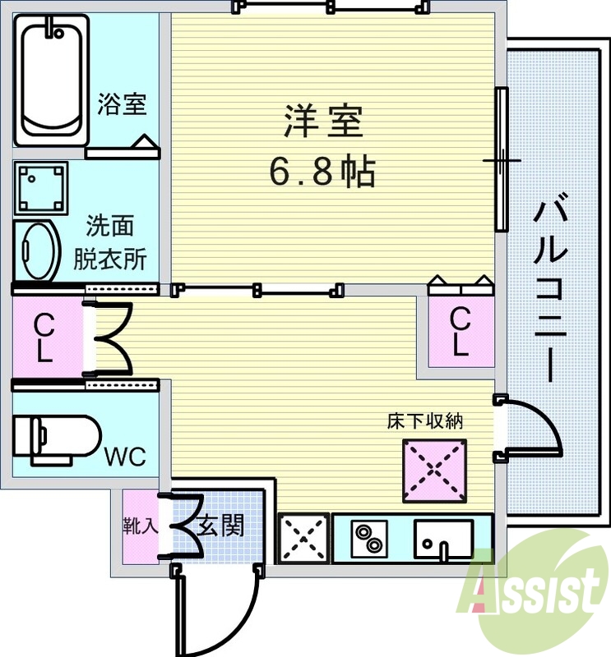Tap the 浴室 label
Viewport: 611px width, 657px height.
(x=122, y=104)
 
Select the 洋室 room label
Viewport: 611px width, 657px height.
(x=323, y=123)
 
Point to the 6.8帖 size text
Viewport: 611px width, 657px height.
(x=322, y=172)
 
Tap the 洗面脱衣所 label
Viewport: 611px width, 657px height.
(x=110, y=243)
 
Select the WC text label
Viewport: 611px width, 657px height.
(x=125, y=456)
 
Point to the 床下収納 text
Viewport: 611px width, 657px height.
(x=425, y=422)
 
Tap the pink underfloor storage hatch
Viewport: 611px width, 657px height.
(x=434, y=471)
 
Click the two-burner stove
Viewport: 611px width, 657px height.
(x=368, y=538)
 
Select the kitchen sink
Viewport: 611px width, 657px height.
(x=442, y=538)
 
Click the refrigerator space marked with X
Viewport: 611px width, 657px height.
(x=303, y=539)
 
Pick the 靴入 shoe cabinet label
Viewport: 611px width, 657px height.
(x=141, y=526)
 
